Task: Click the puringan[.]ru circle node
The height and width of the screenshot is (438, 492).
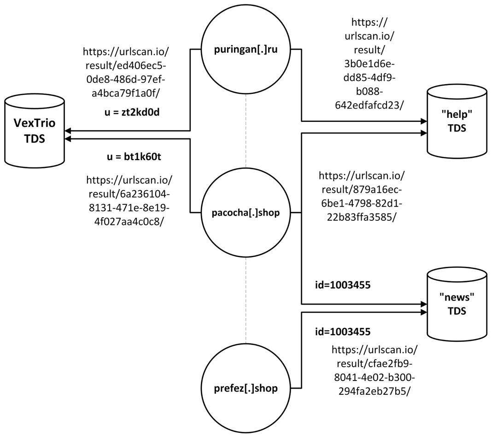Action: [246, 50]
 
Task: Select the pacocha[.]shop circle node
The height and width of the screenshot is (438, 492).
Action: [246, 213]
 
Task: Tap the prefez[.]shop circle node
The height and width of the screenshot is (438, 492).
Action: [246, 388]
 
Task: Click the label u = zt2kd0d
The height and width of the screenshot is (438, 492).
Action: [132, 112]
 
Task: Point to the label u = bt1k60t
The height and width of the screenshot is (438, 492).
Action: [134, 157]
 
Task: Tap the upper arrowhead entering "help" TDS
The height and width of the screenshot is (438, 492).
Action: [424, 121]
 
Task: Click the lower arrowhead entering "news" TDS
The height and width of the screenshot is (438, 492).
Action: [424, 312]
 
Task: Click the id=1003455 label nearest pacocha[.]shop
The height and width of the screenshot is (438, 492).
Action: [342, 285]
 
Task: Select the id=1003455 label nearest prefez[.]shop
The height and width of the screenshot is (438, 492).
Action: [342, 331]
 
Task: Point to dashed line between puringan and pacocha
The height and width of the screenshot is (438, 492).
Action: [246, 131]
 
